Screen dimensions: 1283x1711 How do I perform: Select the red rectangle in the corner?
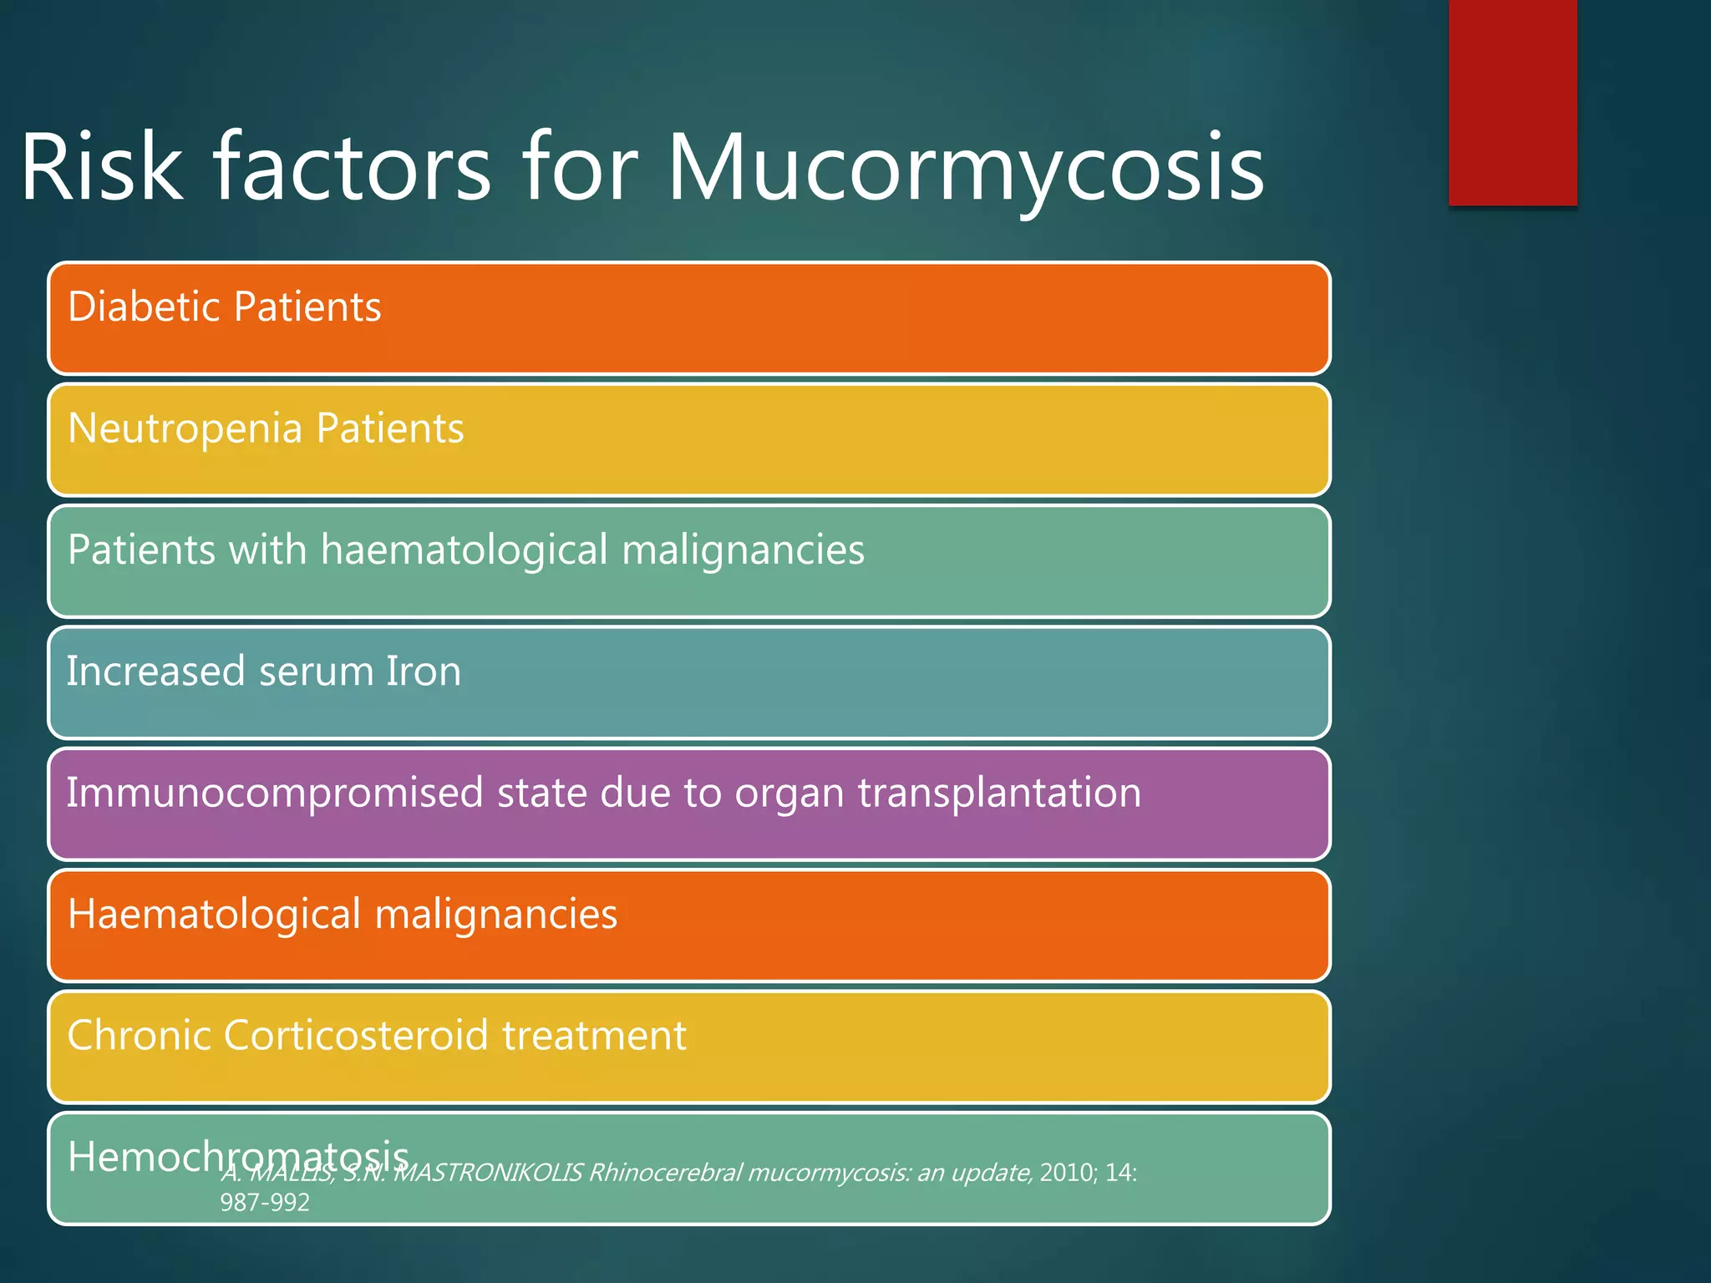click(1512, 102)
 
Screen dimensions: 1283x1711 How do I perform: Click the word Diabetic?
click(143, 307)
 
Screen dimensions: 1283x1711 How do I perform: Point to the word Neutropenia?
click(185, 429)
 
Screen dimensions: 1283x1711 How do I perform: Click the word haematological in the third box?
click(464, 550)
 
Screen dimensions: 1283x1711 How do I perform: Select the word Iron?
click(424, 672)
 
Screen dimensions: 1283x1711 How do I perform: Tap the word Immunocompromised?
click(274, 793)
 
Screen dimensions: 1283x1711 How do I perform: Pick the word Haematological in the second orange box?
click(214, 914)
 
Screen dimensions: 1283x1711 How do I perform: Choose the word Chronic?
click(138, 1036)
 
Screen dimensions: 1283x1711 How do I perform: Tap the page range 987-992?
click(265, 1203)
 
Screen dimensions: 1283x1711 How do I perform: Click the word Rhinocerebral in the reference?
click(665, 1173)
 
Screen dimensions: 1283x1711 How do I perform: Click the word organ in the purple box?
click(789, 794)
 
